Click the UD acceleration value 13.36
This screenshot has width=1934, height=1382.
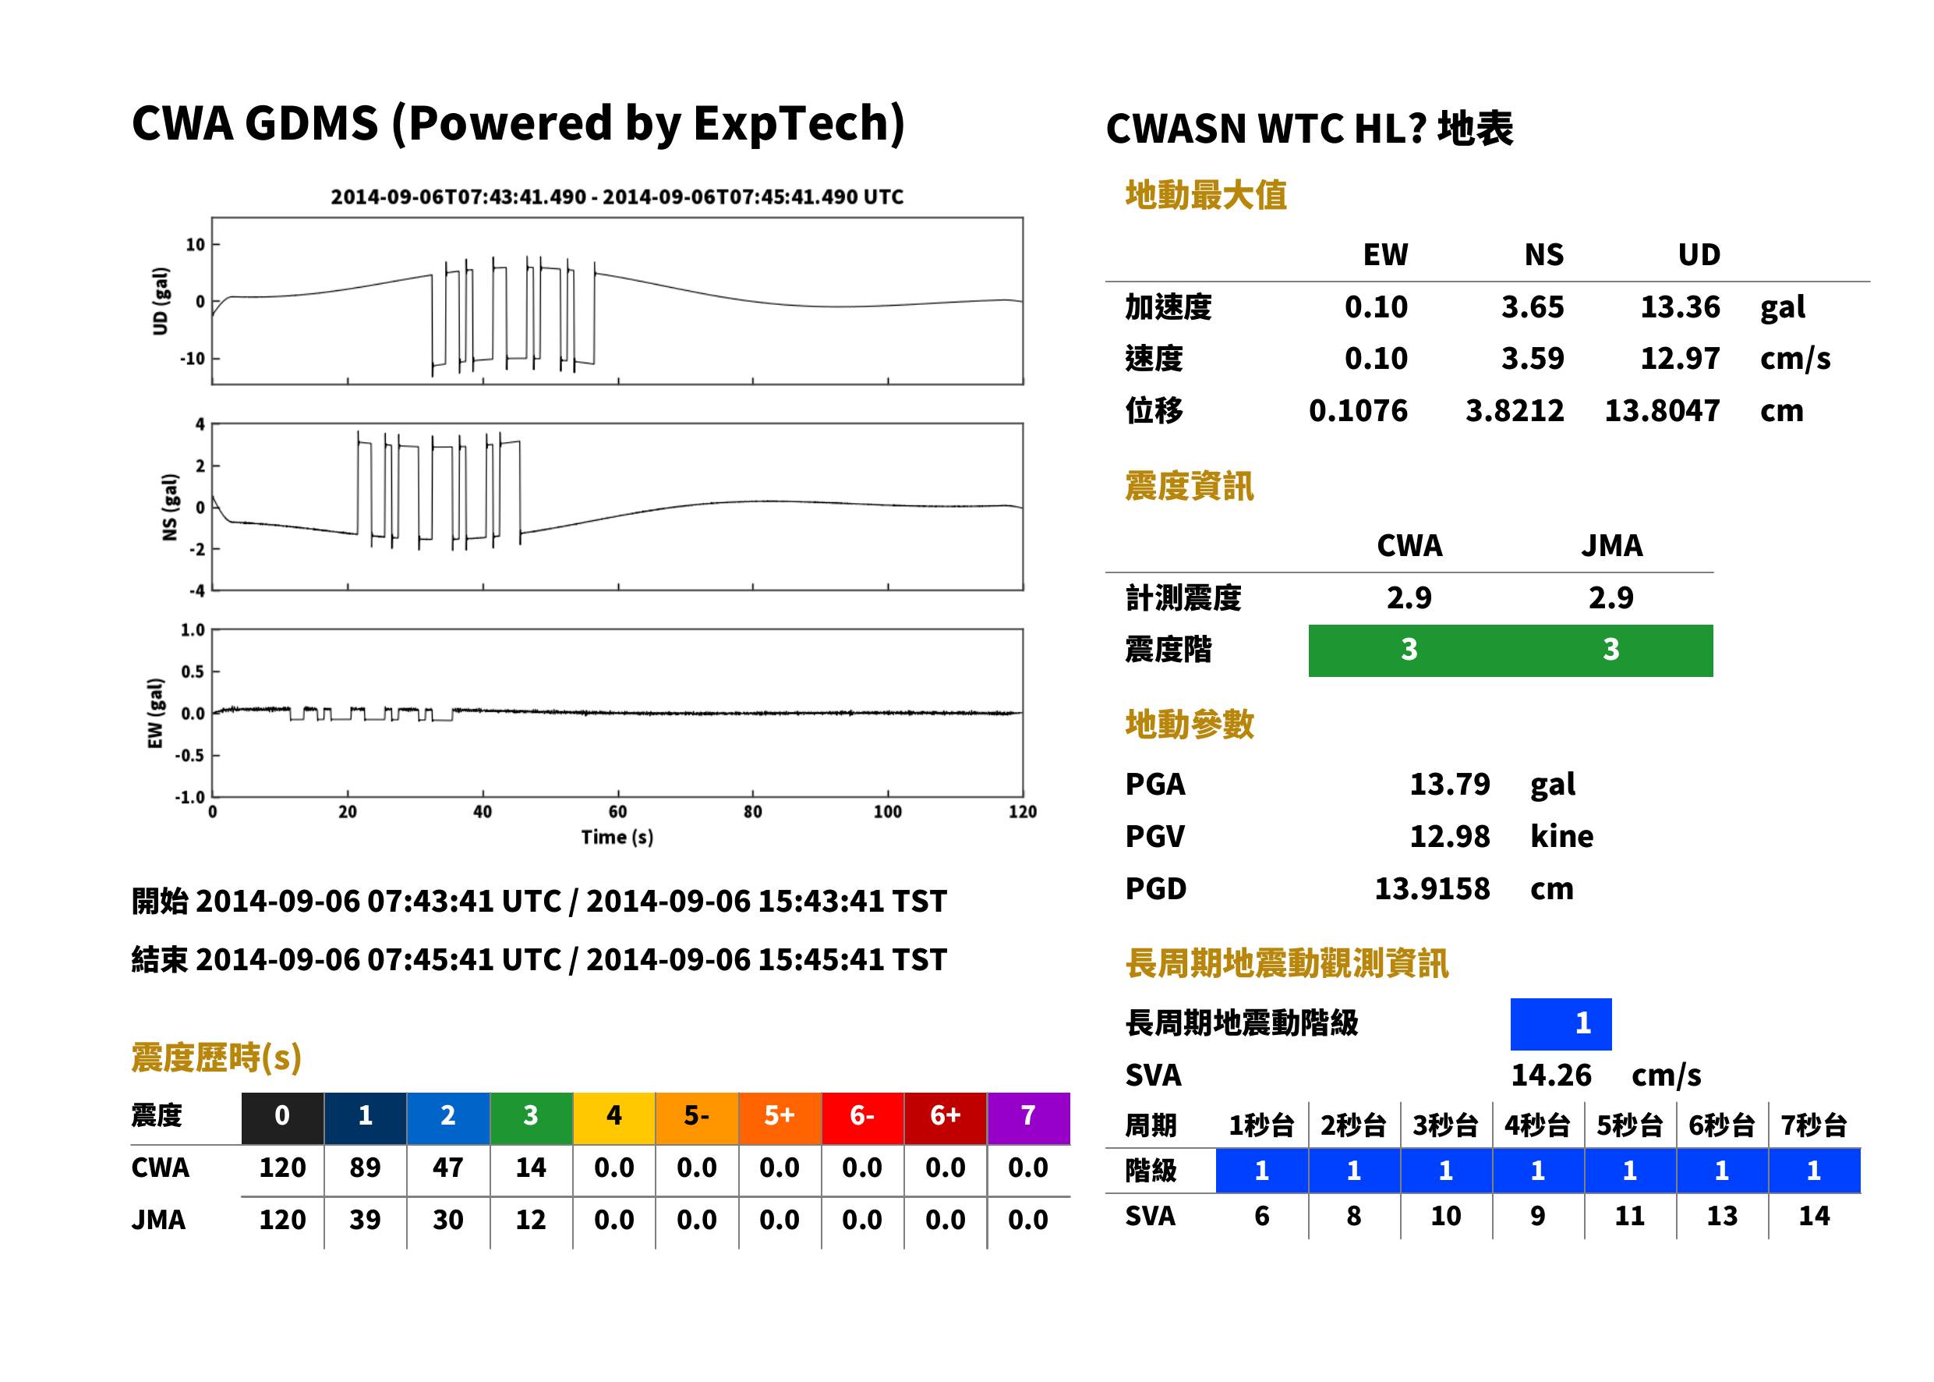tap(1679, 307)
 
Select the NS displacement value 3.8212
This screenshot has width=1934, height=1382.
tap(1514, 410)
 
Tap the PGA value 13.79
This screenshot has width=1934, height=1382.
tap(1449, 784)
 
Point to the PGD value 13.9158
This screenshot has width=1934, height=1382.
tap(1432, 888)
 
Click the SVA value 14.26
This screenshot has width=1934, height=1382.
tap(1550, 1075)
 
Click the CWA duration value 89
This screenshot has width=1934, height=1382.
tap(365, 1168)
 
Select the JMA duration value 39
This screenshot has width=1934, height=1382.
tap(365, 1220)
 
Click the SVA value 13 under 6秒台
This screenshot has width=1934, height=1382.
tap(1721, 1216)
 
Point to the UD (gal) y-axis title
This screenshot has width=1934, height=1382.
tap(160, 301)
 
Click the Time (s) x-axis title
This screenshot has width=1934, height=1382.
tap(617, 838)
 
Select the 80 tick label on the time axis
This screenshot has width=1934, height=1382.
tap(753, 812)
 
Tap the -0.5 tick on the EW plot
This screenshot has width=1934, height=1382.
tap(191, 756)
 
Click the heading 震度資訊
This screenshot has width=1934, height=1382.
tap(1189, 486)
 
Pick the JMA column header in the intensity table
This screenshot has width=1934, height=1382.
tap(1612, 545)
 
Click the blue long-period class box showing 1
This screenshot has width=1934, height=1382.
tap(1561, 1024)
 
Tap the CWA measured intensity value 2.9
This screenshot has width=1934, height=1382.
tap(1409, 597)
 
